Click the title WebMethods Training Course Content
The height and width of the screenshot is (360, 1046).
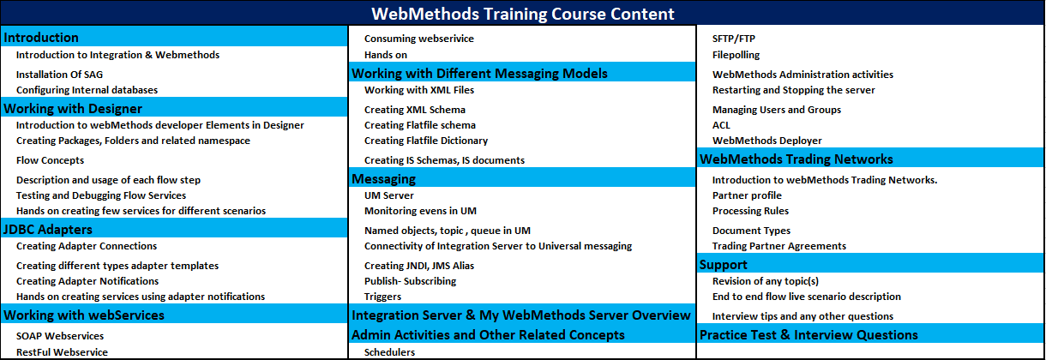click(x=522, y=14)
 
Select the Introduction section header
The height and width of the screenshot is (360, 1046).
click(x=41, y=38)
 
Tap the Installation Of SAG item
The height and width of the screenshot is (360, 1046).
click(x=59, y=75)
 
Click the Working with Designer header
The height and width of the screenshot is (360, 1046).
click(x=73, y=108)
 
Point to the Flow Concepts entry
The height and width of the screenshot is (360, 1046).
click(x=50, y=160)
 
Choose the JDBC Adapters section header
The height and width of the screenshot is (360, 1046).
click(x=48, y=229)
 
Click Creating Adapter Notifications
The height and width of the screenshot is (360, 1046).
click(x=87, y=281)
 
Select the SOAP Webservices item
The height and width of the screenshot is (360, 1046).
click(x=60, y=336)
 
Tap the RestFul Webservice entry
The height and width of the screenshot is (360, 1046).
click(x=62, y=351)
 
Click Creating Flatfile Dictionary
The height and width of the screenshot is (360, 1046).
click(x=426, y=141)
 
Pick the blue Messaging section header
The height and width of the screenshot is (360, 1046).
click(x=383, y=178)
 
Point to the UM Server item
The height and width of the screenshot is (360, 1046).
click(x=389, y=195)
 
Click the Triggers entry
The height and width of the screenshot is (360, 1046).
click(x=382, y=297)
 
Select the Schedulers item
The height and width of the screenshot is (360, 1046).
click(x=389, y=351)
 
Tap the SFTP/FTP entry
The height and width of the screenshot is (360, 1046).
click(x=734, y=39)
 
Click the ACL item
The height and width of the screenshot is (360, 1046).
click(x=721, y=125)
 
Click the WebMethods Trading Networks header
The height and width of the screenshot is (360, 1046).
click(x=797, y=159)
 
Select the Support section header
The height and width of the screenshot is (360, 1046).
click(x=724, y=264)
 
